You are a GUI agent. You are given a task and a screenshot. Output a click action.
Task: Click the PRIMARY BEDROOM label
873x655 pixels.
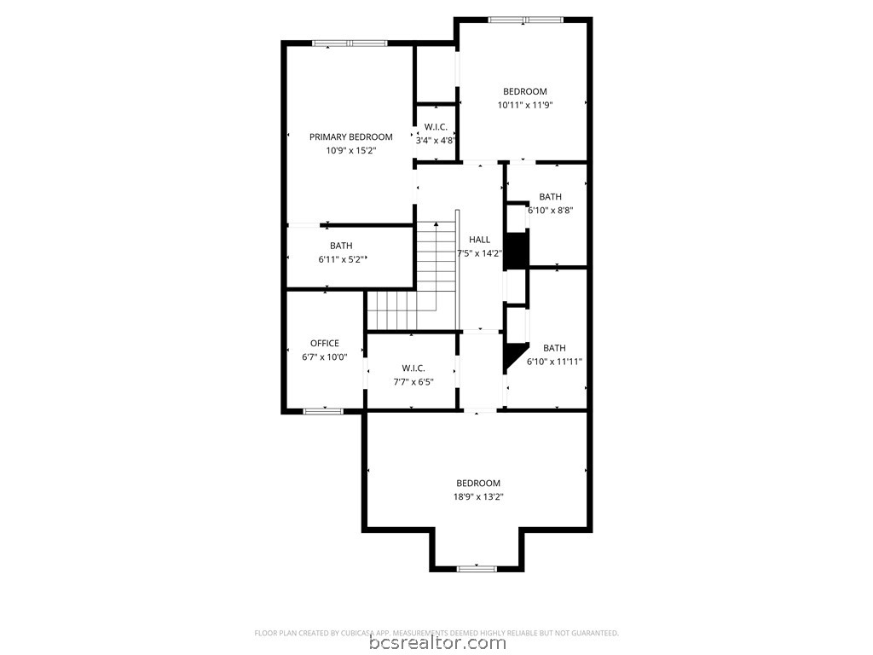350,136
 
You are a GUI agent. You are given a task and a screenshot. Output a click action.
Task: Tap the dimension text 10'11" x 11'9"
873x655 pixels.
524,106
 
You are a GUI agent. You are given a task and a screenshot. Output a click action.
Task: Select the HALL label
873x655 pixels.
479,240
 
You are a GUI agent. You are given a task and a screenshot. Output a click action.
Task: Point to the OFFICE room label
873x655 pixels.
324,344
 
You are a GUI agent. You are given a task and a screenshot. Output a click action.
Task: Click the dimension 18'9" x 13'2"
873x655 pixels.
477,497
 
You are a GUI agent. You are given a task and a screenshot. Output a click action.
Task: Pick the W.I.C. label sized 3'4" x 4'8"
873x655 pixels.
436,127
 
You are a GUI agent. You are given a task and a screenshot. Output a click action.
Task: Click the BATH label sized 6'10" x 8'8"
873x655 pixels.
550,197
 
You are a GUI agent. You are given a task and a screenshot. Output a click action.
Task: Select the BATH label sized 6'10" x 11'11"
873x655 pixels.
554,348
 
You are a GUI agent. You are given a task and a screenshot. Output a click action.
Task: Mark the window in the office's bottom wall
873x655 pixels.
324,411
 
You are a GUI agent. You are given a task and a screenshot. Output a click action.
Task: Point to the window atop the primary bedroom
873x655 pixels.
349,43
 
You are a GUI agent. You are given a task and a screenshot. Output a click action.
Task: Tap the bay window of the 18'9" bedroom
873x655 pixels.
477,568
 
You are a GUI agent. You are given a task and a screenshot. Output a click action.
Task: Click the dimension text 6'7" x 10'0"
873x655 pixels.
324,357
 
